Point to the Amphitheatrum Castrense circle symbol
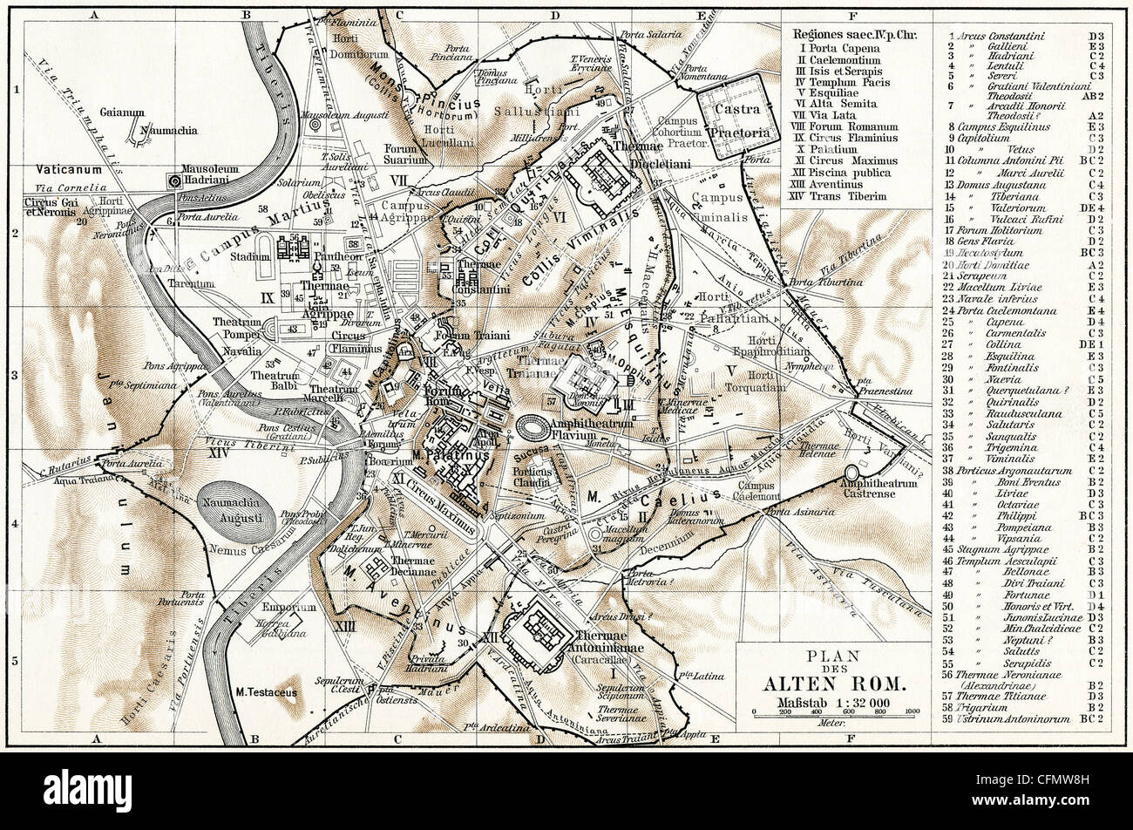(851, 472)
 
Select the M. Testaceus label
(266, 692)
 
